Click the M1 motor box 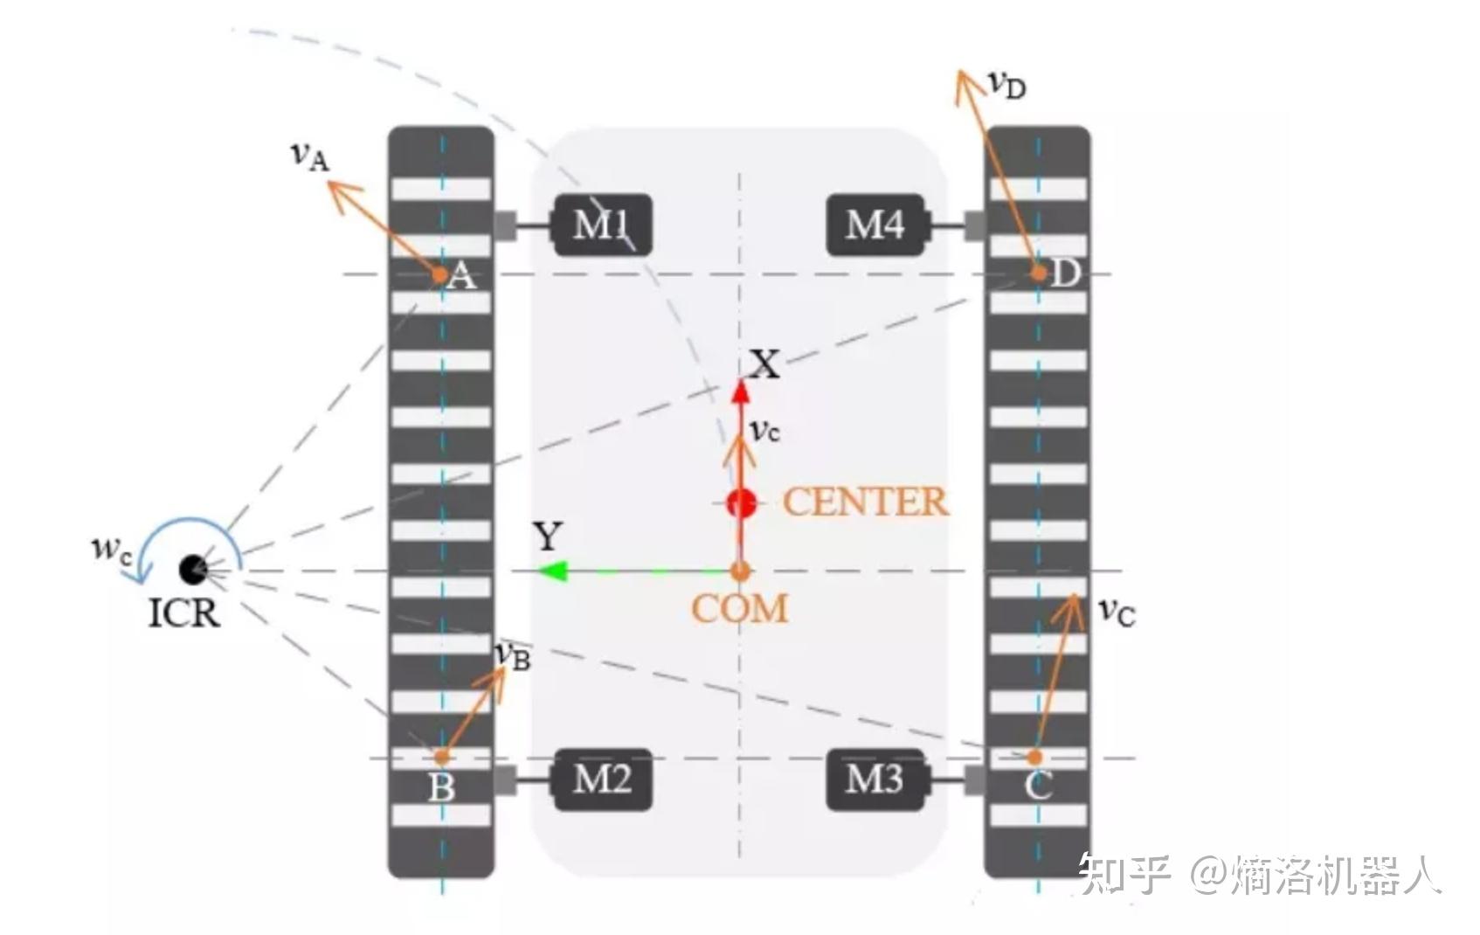603,225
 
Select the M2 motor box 603,779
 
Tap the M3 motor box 875,779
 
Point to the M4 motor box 875,225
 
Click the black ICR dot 191,569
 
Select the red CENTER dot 742,502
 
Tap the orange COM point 740,571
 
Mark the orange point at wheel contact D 1038,273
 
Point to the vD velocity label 1006,84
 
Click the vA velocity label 309,156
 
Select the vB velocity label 512,655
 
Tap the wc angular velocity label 110,549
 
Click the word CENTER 865,502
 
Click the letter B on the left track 441,788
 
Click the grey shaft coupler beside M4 975,225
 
